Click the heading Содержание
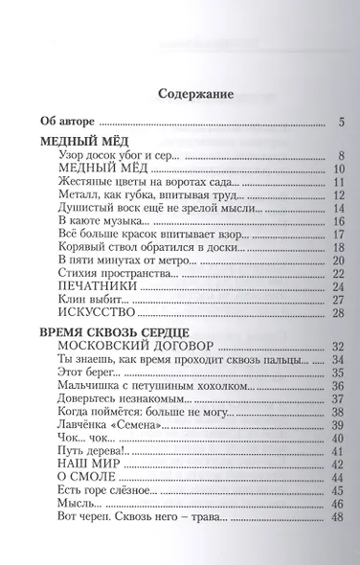(195, 94)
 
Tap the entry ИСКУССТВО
(95, 313)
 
